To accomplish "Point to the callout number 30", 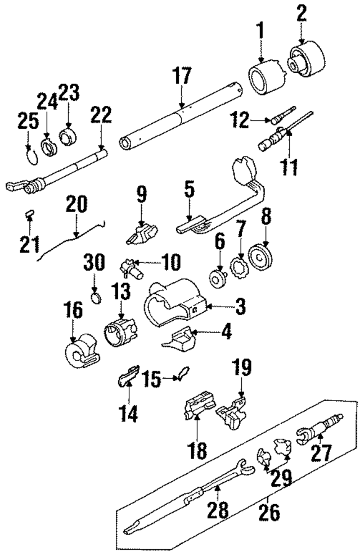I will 95,262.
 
